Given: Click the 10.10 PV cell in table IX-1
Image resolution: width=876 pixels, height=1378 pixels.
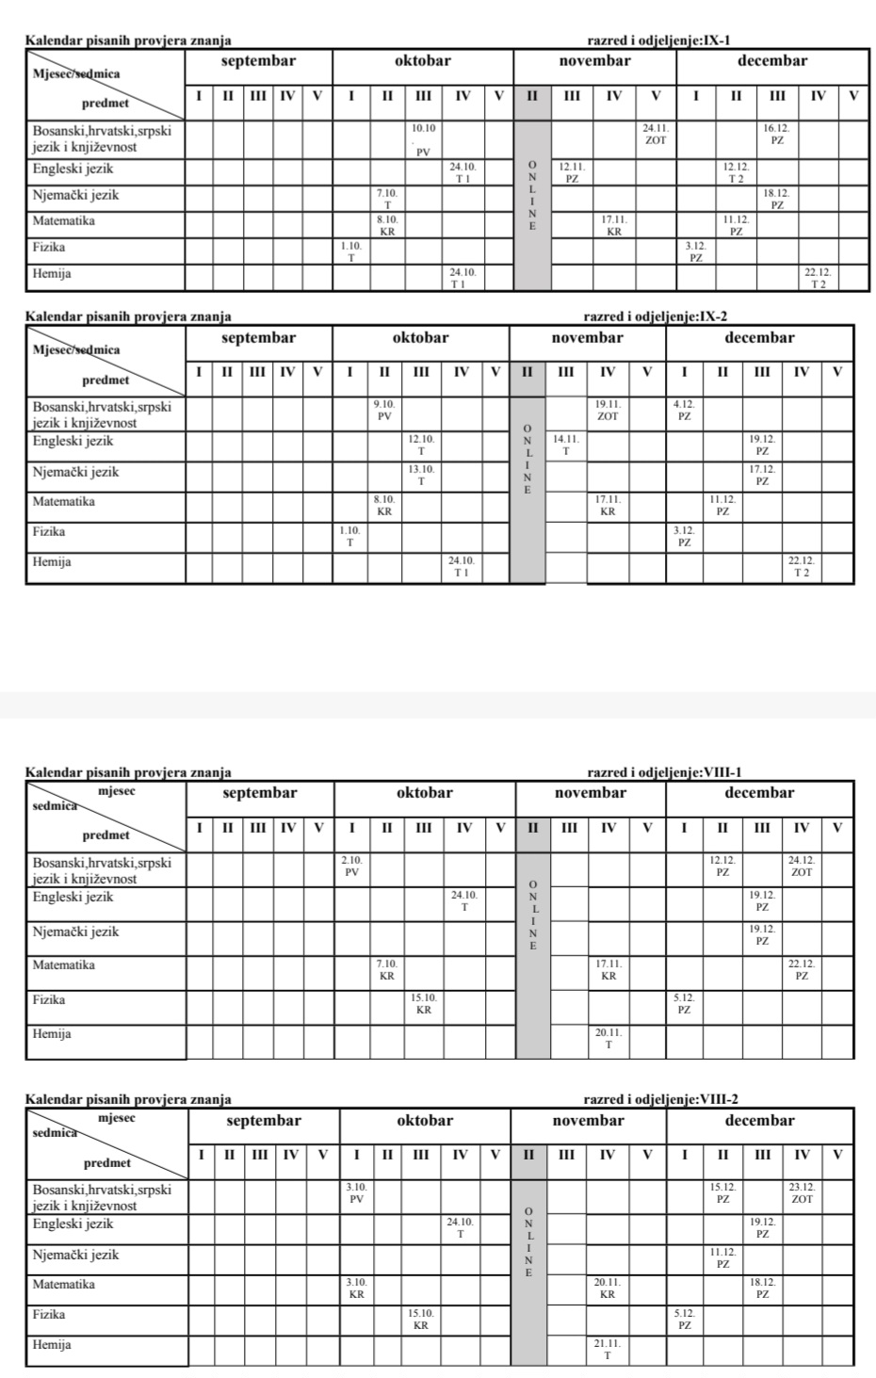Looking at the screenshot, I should (x=424, y=138).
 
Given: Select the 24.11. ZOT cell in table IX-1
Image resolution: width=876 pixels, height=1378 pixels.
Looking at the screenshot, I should (x=656, y=134).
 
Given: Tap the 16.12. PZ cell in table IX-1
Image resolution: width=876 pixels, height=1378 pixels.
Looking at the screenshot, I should (x=777, y=134).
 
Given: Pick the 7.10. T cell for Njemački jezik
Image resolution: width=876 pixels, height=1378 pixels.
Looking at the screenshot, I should (x=387, y=198).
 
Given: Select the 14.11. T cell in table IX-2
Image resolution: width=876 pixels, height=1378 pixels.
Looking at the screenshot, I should (x=565, y=445).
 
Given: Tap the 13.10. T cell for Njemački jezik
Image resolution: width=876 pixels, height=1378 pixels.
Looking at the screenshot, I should (x=421, y=475).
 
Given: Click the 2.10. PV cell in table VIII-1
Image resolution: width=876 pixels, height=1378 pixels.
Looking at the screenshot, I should (x=351, y=866).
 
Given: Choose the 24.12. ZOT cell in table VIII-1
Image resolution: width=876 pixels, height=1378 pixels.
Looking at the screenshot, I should (x=802, y=866).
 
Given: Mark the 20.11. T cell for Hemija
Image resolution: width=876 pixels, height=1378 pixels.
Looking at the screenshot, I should (x=608, y=1038).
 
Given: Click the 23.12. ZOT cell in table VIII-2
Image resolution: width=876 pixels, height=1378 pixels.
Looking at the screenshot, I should (x=803, y=1193).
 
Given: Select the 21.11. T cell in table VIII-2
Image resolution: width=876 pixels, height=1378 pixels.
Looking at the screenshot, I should (x=608, y=1350).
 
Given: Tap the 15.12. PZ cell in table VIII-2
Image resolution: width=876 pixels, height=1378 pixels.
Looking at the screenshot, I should (x=722, y=1193).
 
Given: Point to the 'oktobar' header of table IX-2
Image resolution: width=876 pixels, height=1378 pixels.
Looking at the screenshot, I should (x=420, y=337).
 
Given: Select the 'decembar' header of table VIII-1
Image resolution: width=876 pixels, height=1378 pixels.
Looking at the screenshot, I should (x=758, y=793).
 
